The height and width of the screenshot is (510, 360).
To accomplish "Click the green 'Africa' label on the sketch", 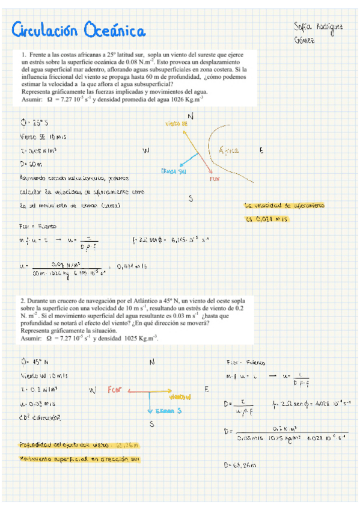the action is [230, 150].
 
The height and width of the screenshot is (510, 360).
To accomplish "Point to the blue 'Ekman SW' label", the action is [173, 171].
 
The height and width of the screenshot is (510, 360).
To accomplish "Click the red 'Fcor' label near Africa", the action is [215, 179].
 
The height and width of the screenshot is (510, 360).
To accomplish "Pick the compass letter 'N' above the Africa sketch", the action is [191, 115].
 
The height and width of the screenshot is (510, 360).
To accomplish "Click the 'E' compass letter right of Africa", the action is [261, 152].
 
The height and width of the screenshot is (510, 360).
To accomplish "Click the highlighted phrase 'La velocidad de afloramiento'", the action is [284, 206].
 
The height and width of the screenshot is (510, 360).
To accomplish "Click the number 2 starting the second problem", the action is [22, 300].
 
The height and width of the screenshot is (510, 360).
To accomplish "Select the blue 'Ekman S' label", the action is [162, 411].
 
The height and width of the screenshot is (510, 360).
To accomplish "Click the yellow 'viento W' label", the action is [179, 398].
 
